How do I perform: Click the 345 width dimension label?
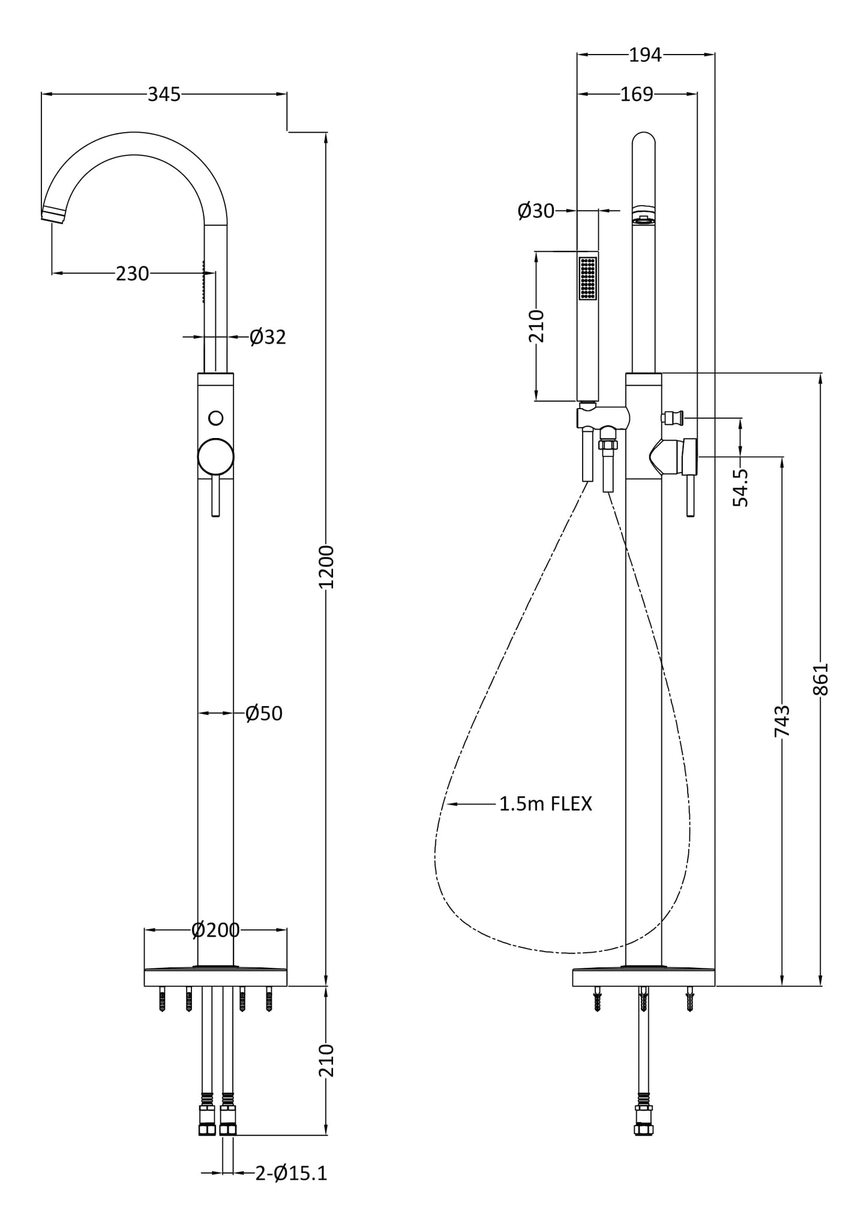(x=164, y=94)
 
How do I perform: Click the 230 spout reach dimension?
(x=132, y=274)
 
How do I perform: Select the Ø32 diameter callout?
(x=268, y=337)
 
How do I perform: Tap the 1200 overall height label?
(x=326, y=566)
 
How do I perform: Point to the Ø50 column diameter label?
(x=263, y=713)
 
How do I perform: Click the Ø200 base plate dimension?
(x=215, y=930)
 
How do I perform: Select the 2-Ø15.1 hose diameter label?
(x=291, y=1173)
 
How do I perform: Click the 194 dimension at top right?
(x=645, y=55)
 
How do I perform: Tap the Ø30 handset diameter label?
(x=536, y=211)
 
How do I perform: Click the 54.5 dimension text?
(x=741, y=487)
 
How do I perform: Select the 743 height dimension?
(x=782, y=721)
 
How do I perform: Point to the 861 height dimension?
(x=820, y=679)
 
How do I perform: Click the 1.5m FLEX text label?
(x=545, y=804)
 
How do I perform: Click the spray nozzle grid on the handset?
(x=587, y=278)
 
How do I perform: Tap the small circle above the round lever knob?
(x=216, y=418)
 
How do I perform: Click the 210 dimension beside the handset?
(x=536, y=326)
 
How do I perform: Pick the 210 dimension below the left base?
(x=326, y=1060)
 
